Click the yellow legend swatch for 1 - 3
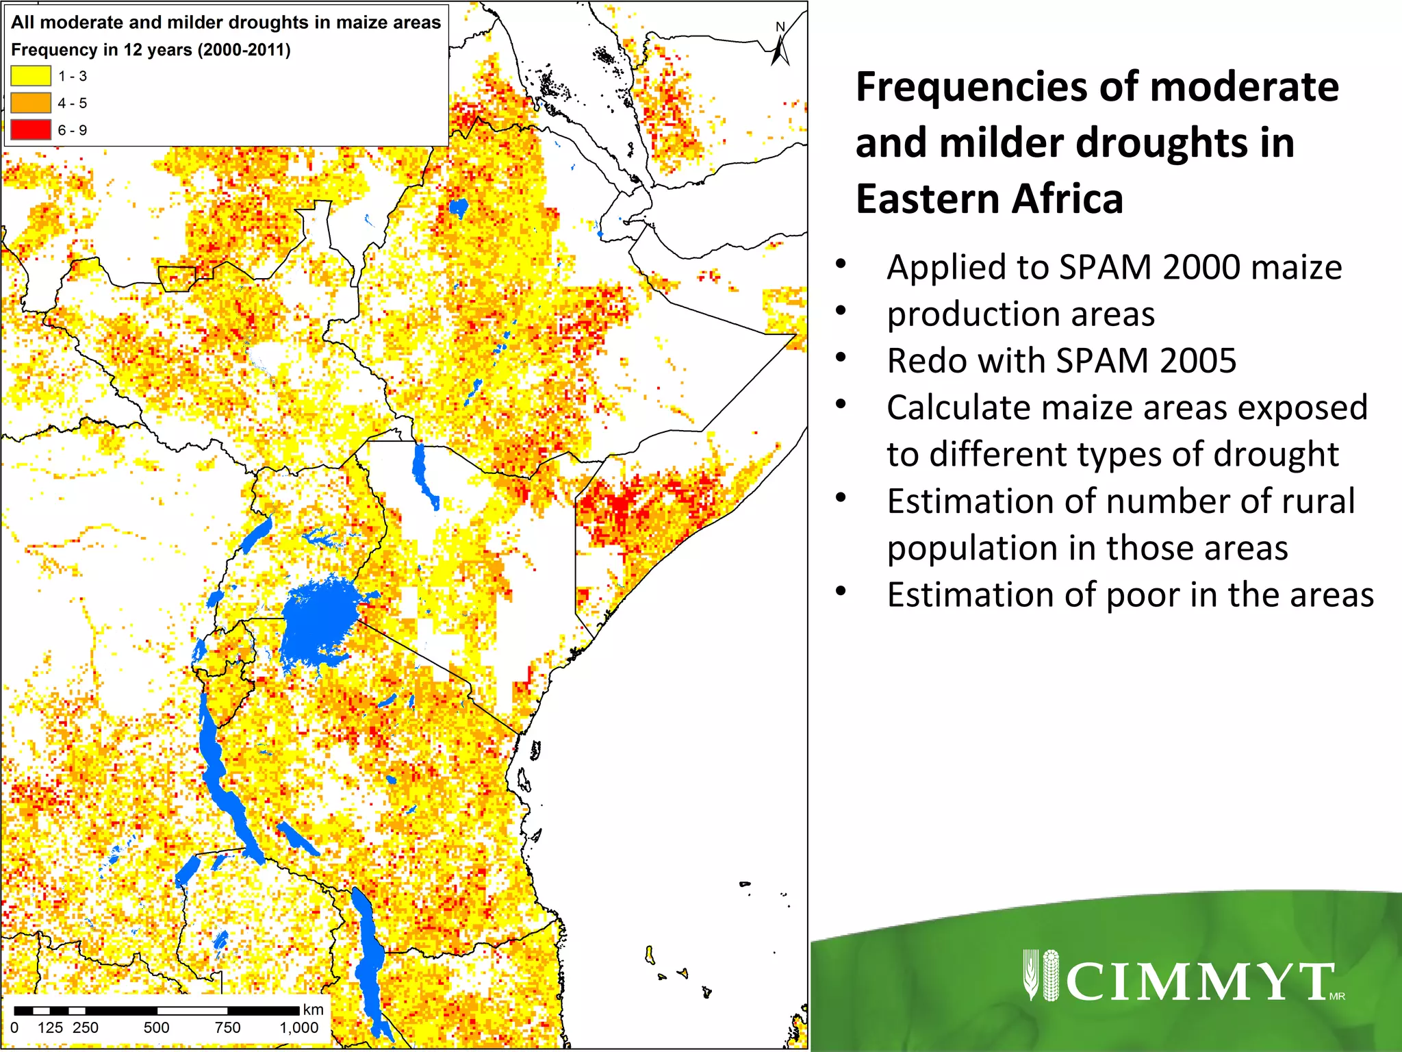31,75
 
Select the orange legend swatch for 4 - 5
31,103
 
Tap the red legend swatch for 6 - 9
31,129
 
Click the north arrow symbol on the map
780,48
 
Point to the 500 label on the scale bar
156,1027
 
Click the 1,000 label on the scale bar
299,1027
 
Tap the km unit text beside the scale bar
313,1009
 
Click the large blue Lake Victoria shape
319,620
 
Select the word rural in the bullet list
1317,501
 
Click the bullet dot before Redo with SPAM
841,358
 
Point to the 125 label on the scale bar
50,1027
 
